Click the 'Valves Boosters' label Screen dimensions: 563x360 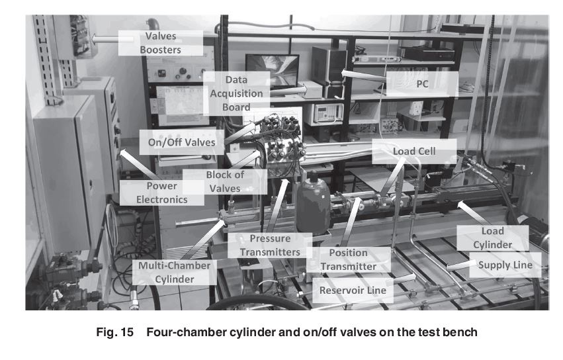[x=161, y=43]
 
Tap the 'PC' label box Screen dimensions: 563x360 [x=422, y=83]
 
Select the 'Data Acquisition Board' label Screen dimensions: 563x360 [x=236, y=93]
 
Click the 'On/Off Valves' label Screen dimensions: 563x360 [x=182, y=142]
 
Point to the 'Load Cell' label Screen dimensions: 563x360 [x=414, y=152]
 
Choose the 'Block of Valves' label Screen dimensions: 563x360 [x=225, y=181]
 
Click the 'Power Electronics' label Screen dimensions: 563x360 [x=161, y=193]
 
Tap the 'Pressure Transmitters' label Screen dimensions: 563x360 [x=270, y=246]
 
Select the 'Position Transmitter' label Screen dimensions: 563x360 [x=348, y=259]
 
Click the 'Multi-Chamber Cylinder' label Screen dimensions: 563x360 [x=175, y=273]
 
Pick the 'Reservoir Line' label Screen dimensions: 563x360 [x=353, y=291]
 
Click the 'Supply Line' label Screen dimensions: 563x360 [x=505, y=265]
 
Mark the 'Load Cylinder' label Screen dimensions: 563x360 [x=493, y=238]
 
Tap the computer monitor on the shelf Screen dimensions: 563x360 [x=273, y=70]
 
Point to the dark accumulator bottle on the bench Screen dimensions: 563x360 [x=313, y=202]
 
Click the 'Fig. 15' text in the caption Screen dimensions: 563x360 [x=115, y=332]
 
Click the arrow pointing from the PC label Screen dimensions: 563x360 [x=364, y=76]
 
